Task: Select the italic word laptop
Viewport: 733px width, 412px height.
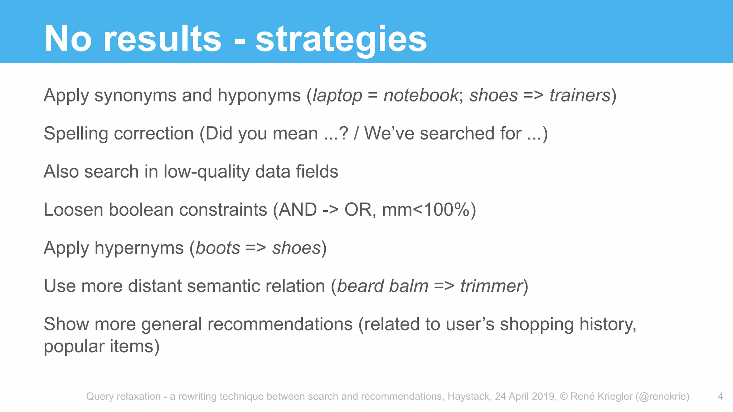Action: click(338, 96)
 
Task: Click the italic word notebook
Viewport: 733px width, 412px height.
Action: click(421, 95)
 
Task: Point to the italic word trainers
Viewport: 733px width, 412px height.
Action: click(580, 95)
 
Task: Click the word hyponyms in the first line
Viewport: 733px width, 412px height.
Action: click(259, 96)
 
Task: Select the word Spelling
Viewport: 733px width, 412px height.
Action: click(76, 134)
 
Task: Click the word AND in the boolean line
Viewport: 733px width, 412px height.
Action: click(298, 210)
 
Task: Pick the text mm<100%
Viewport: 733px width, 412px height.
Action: click(426, 210)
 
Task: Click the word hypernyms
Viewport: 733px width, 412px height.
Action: click(139, 248)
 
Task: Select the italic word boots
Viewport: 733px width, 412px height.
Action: click(218, 248)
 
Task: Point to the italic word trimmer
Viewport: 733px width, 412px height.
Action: click(491, 286)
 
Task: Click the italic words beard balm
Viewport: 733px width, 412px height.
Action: click(383, 286)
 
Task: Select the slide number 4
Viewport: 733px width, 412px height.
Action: click(720, 396)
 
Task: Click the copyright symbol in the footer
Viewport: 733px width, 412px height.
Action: click(564, 396)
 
